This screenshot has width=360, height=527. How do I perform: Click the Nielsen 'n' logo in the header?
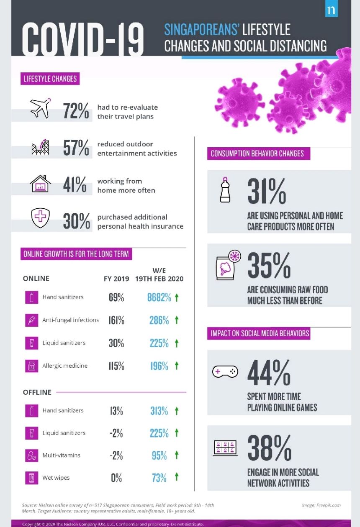click(331, 10)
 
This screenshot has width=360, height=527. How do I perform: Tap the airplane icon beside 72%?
click(40, 108)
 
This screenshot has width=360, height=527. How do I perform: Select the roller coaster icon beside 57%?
click(41, 147)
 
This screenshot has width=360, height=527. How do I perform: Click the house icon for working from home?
click(40, 184)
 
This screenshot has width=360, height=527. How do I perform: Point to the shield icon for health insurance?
click(41, 217)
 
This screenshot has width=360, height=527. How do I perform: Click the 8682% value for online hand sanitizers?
click(159, 298)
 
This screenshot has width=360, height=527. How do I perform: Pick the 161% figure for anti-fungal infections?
click(116, 320)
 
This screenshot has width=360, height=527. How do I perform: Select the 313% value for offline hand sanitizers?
click(159, 411)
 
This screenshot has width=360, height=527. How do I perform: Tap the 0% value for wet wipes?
click(116, 478)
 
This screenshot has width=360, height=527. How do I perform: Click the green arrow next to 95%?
click(177, 455)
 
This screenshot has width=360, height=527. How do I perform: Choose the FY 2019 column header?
click(116, 279)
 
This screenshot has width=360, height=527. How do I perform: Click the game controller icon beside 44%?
click(225, 372)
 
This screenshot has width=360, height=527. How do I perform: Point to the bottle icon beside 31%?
click(225, 189)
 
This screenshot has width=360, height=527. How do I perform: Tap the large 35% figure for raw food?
click(269, 265)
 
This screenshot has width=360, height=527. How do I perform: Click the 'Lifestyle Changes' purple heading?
click(50, 79)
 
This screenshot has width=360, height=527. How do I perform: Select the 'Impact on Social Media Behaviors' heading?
click(260, 333)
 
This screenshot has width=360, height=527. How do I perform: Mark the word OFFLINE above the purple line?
click(37, 392)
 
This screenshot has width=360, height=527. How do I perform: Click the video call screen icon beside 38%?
click(225, 448)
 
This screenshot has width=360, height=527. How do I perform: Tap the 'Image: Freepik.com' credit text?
click(321, 505)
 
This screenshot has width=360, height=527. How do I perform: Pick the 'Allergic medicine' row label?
click(65, 366)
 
